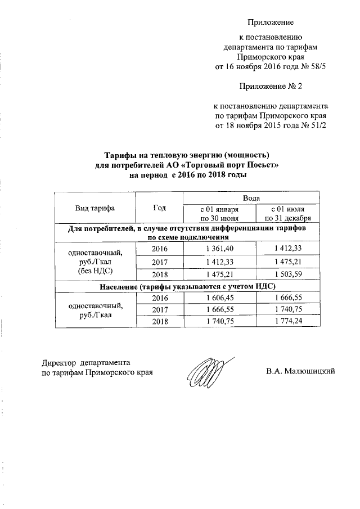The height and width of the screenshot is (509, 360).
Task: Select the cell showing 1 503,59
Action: (287, 274)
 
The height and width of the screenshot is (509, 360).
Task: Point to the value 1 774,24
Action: (287, 321)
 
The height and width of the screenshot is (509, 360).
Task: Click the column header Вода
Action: (251, 198)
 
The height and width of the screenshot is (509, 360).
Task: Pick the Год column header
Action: (160, 208)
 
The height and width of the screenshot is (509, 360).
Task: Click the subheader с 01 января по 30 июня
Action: (220, 214)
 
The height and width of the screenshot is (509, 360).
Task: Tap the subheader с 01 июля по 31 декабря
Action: (287, 214)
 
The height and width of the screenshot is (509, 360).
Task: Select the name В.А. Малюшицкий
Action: (301, 371)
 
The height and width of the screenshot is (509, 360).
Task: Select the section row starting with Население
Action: (187, 286)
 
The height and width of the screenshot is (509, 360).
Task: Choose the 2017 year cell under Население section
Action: (160, 309)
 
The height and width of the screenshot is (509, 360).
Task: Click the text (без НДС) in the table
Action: (95, 271)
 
